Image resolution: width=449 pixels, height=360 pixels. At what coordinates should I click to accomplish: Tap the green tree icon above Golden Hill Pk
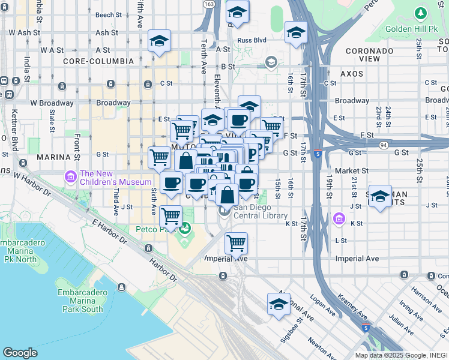[421, 12]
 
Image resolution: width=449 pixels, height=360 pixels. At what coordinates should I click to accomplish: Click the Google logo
[20, 353]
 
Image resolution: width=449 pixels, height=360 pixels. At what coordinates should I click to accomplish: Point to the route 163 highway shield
[208, 4]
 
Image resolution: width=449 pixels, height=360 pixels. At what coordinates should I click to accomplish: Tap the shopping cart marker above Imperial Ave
[237, 243]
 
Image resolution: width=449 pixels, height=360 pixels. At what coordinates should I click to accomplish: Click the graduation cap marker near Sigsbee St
[279, 304]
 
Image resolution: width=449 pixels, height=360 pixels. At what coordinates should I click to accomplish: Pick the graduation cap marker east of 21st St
[380, 197]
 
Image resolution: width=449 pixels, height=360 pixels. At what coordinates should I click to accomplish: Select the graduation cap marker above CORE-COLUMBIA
[160, 41]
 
